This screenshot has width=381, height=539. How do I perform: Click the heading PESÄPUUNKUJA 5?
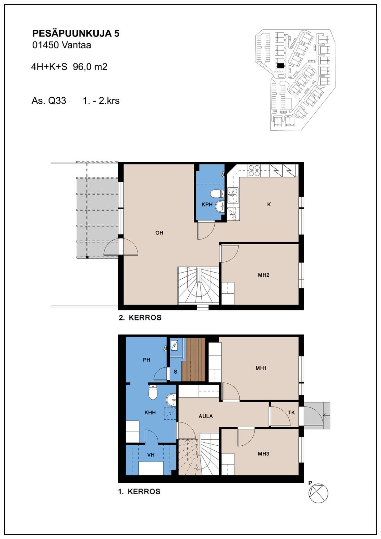click(76, 33)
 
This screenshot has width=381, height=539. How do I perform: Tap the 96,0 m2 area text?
click(90, 67)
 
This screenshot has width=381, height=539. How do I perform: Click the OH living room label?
click(159, 233)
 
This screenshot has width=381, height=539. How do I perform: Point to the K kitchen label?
click(269, 204)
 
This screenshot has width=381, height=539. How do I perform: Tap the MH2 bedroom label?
click(264, 275)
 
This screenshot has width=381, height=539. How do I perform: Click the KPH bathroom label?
click(207, 205)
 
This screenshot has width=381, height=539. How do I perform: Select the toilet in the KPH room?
click(217, 194)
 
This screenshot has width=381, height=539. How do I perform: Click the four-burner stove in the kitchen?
click(254, 171)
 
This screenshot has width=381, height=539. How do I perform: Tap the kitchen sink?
click(233, 196)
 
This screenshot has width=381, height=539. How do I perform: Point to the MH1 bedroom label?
click(261, 368)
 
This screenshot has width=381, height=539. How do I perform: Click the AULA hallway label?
click(206, 416)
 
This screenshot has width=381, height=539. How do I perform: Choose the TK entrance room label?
click(291, 413)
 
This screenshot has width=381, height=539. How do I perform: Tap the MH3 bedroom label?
click(264, 454)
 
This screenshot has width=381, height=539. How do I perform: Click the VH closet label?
click(151, 455)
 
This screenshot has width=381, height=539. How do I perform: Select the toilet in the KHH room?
click(153, 392)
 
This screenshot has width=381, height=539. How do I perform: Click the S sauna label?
click(175, 372)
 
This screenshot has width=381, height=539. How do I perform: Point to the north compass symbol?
click(318, 493)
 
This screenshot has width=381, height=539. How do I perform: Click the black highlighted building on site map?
click(280, 65)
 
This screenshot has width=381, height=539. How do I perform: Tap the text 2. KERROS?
click(140, 318)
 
